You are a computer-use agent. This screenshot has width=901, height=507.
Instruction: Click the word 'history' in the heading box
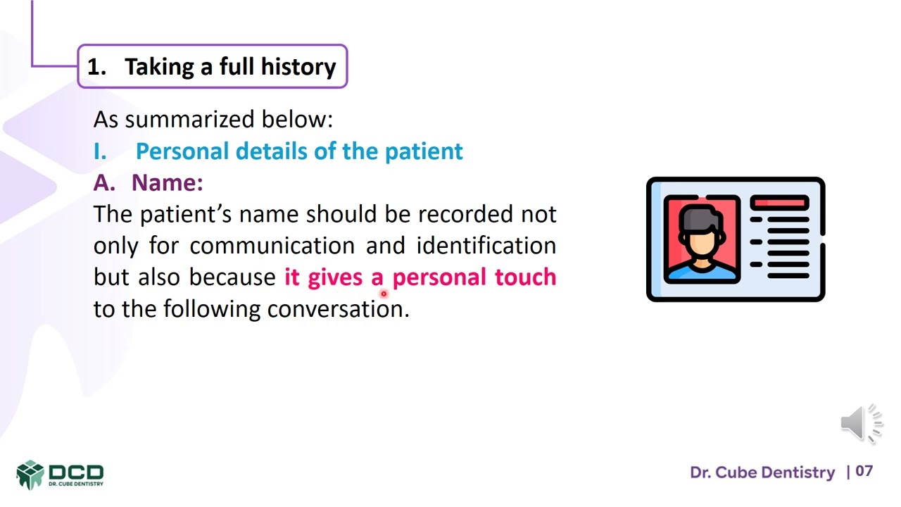click(x=298, y=67)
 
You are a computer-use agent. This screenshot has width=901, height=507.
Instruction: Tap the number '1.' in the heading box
click(x=96, y=67)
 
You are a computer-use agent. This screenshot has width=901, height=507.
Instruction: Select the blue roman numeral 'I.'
click(x=100, y=151)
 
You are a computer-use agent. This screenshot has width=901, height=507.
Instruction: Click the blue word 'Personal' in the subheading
click(x=182, y=151)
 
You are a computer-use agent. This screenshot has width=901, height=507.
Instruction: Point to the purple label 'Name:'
click(x=167, y=182)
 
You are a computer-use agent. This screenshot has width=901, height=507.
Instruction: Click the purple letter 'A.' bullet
click(x=104, y=182)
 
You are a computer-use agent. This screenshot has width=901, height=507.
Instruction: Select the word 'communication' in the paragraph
click(x=272, y=246)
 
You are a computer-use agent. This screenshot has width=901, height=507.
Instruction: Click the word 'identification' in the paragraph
click(x=486, y=246)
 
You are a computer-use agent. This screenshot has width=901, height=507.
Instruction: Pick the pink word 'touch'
click(x=525, y=277)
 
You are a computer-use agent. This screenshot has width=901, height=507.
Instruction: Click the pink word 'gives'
click(x=335, y=277)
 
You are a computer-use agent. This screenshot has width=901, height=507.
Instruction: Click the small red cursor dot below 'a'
click(x=384, y=294)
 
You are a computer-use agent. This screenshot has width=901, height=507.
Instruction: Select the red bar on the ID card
click(x=779, y=204)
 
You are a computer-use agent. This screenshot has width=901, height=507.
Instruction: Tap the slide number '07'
click(x=864, y=471)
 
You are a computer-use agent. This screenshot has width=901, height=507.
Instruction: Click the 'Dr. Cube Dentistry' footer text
click(x=762, y=472)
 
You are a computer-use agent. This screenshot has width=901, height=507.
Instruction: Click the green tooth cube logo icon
click(x=30, y=474)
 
